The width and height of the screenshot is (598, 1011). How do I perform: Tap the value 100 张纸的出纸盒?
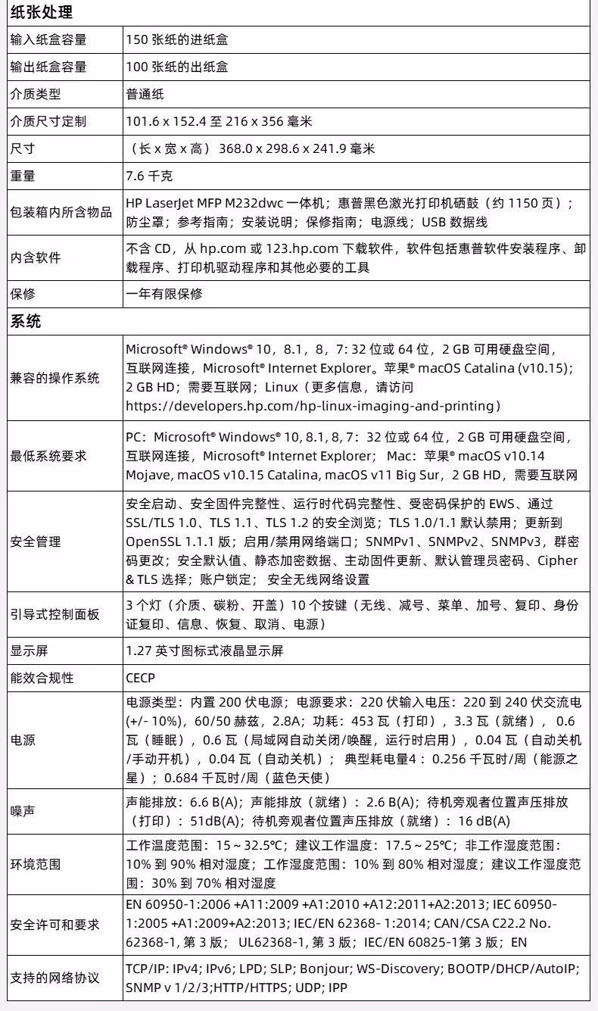point(177,67)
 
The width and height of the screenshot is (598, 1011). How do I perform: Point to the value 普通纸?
point(145,95)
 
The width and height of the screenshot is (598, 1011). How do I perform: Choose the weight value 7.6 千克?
point(149,176)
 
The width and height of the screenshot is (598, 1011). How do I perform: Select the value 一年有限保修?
point(164,293)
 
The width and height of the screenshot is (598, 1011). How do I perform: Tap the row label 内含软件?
point(35,258)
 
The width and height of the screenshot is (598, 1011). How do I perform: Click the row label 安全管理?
point(35,543)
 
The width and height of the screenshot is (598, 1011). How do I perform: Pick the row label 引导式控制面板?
point(55,615)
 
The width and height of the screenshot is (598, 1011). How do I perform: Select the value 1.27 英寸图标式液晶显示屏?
point(204,651)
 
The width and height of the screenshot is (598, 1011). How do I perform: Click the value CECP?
point(142,678)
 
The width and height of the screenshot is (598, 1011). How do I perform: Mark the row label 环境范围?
point(35,863)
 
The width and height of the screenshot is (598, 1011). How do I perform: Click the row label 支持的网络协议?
point(55,978)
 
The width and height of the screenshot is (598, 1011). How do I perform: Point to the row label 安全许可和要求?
point(55,925)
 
